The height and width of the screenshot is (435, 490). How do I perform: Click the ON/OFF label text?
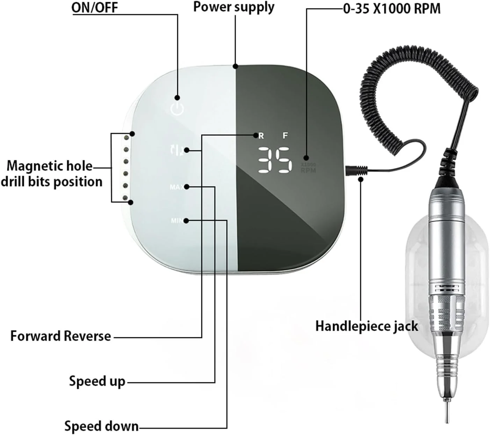(x=95, y=8)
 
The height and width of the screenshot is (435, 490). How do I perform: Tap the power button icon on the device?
(x=177, y=109)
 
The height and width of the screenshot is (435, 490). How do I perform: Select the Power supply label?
(x=234, y=7)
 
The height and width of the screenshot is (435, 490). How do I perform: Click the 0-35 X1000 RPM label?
(x=391, y=8)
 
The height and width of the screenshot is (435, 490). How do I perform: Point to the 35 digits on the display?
(x=274, y=160)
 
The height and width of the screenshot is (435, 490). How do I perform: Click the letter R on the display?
(x=261, y=136)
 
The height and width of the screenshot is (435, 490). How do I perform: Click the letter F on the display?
(x=285, y=135)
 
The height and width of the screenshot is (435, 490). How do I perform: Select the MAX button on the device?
(x=176, y=187)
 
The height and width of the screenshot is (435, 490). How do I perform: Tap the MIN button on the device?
(x=176, y=221)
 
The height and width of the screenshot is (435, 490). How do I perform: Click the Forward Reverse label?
(x=61, y=336)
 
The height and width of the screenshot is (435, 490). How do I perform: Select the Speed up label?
(x=97, y=381)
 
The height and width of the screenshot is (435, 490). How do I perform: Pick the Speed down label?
(x=101, y=426)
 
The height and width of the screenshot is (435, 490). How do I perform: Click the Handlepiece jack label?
(x=367, y=326)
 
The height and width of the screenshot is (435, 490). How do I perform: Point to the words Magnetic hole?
(x=50, y=166)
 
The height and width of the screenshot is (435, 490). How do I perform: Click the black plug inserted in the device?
(x=351, y=171)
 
